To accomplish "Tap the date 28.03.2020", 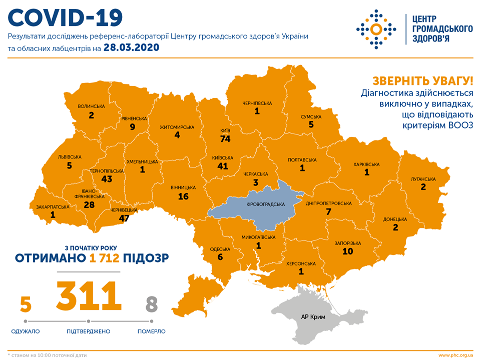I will tap(131, 48).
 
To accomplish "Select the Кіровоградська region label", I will tap(266, 204).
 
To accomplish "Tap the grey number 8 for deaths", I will tap(152, 304).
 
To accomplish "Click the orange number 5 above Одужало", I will tap(26, 304).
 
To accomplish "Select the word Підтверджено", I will tap(89, 331).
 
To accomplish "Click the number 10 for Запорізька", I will tap(348, 252).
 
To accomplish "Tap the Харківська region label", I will tap(366, 164).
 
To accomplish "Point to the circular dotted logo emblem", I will tap(376, 28).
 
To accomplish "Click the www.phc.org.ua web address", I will tap(455, 355).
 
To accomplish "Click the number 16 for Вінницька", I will tap(183, 196).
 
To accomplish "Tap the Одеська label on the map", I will tap(220, 249).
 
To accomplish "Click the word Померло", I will tap(152, 331).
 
